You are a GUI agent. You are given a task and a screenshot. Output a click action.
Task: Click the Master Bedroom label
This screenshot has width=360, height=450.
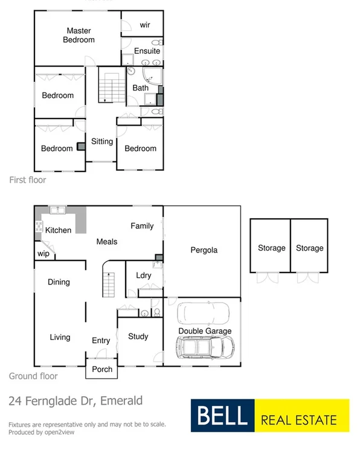pos(80,35)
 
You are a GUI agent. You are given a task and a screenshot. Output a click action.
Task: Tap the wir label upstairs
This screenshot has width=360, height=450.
pos(145,25)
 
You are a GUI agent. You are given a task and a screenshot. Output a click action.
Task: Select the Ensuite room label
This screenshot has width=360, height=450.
pos(147,51)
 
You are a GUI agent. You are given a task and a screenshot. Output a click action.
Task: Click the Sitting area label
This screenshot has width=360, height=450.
pos(102,141)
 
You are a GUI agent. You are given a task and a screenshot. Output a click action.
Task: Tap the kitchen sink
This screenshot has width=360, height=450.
pos(58,211)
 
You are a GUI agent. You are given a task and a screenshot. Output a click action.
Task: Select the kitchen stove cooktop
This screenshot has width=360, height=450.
pos(39,227)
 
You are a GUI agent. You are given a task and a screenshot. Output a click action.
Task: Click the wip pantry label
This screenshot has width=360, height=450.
pos(43,254)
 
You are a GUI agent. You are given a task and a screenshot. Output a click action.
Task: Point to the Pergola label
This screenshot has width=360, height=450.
pos(204,249)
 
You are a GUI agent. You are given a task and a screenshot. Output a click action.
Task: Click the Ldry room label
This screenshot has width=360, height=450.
pos(144,275)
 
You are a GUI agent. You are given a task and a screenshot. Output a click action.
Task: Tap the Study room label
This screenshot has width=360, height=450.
pos(138,336)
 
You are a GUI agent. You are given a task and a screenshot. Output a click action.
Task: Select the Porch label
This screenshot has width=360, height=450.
pos(102,369)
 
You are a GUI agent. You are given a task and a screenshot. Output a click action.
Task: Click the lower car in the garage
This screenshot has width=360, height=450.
pos(204,347)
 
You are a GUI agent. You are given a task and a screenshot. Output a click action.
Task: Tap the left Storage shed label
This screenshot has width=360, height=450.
pos(271,248)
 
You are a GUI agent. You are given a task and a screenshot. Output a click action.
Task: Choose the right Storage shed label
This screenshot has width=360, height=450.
pos(309,248)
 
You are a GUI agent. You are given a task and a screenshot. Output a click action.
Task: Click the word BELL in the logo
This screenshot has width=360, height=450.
pos(220,416)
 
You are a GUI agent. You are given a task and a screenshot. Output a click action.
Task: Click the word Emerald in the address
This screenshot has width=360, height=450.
pos(122,400)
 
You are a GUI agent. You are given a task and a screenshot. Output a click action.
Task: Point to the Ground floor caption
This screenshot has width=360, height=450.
pos(33,376)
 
